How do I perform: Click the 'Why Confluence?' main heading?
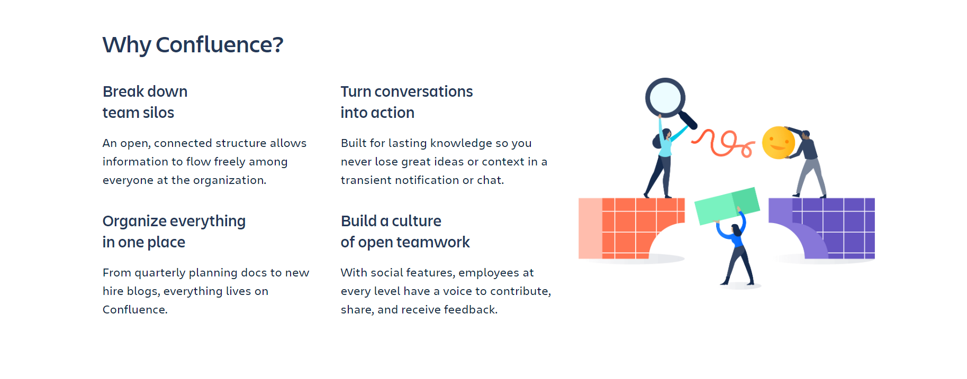[193, 45]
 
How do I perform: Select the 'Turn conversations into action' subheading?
[406, 102]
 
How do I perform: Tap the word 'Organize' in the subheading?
[134, 221]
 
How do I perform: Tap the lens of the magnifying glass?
[665, 98]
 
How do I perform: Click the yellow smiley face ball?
[778, 143]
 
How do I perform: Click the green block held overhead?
[727, 206]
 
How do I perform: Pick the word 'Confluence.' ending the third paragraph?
[135, 310]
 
